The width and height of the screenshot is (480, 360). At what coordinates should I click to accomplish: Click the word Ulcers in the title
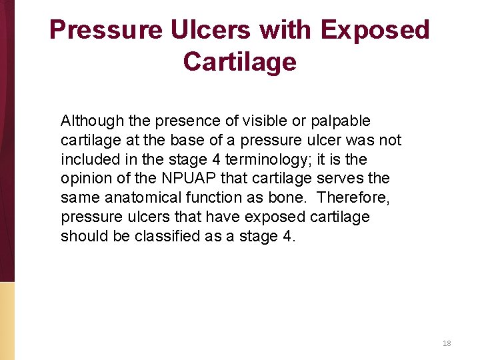tap(206, 31)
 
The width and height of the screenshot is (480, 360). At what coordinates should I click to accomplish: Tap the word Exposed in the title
tap(375, 31)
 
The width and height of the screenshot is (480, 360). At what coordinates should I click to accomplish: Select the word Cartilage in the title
tap(239, 62)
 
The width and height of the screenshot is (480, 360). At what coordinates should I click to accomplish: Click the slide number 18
tap(447, 343)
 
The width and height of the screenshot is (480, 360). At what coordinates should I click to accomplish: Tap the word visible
tap(243, 121)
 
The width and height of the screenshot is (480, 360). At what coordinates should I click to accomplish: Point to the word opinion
tap(85, 179)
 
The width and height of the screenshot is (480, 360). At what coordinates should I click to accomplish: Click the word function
tap(217, 198)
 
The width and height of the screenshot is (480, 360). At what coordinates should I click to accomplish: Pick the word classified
tap(170, 237)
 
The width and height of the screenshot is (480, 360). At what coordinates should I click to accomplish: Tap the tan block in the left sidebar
tap(7, 320)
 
